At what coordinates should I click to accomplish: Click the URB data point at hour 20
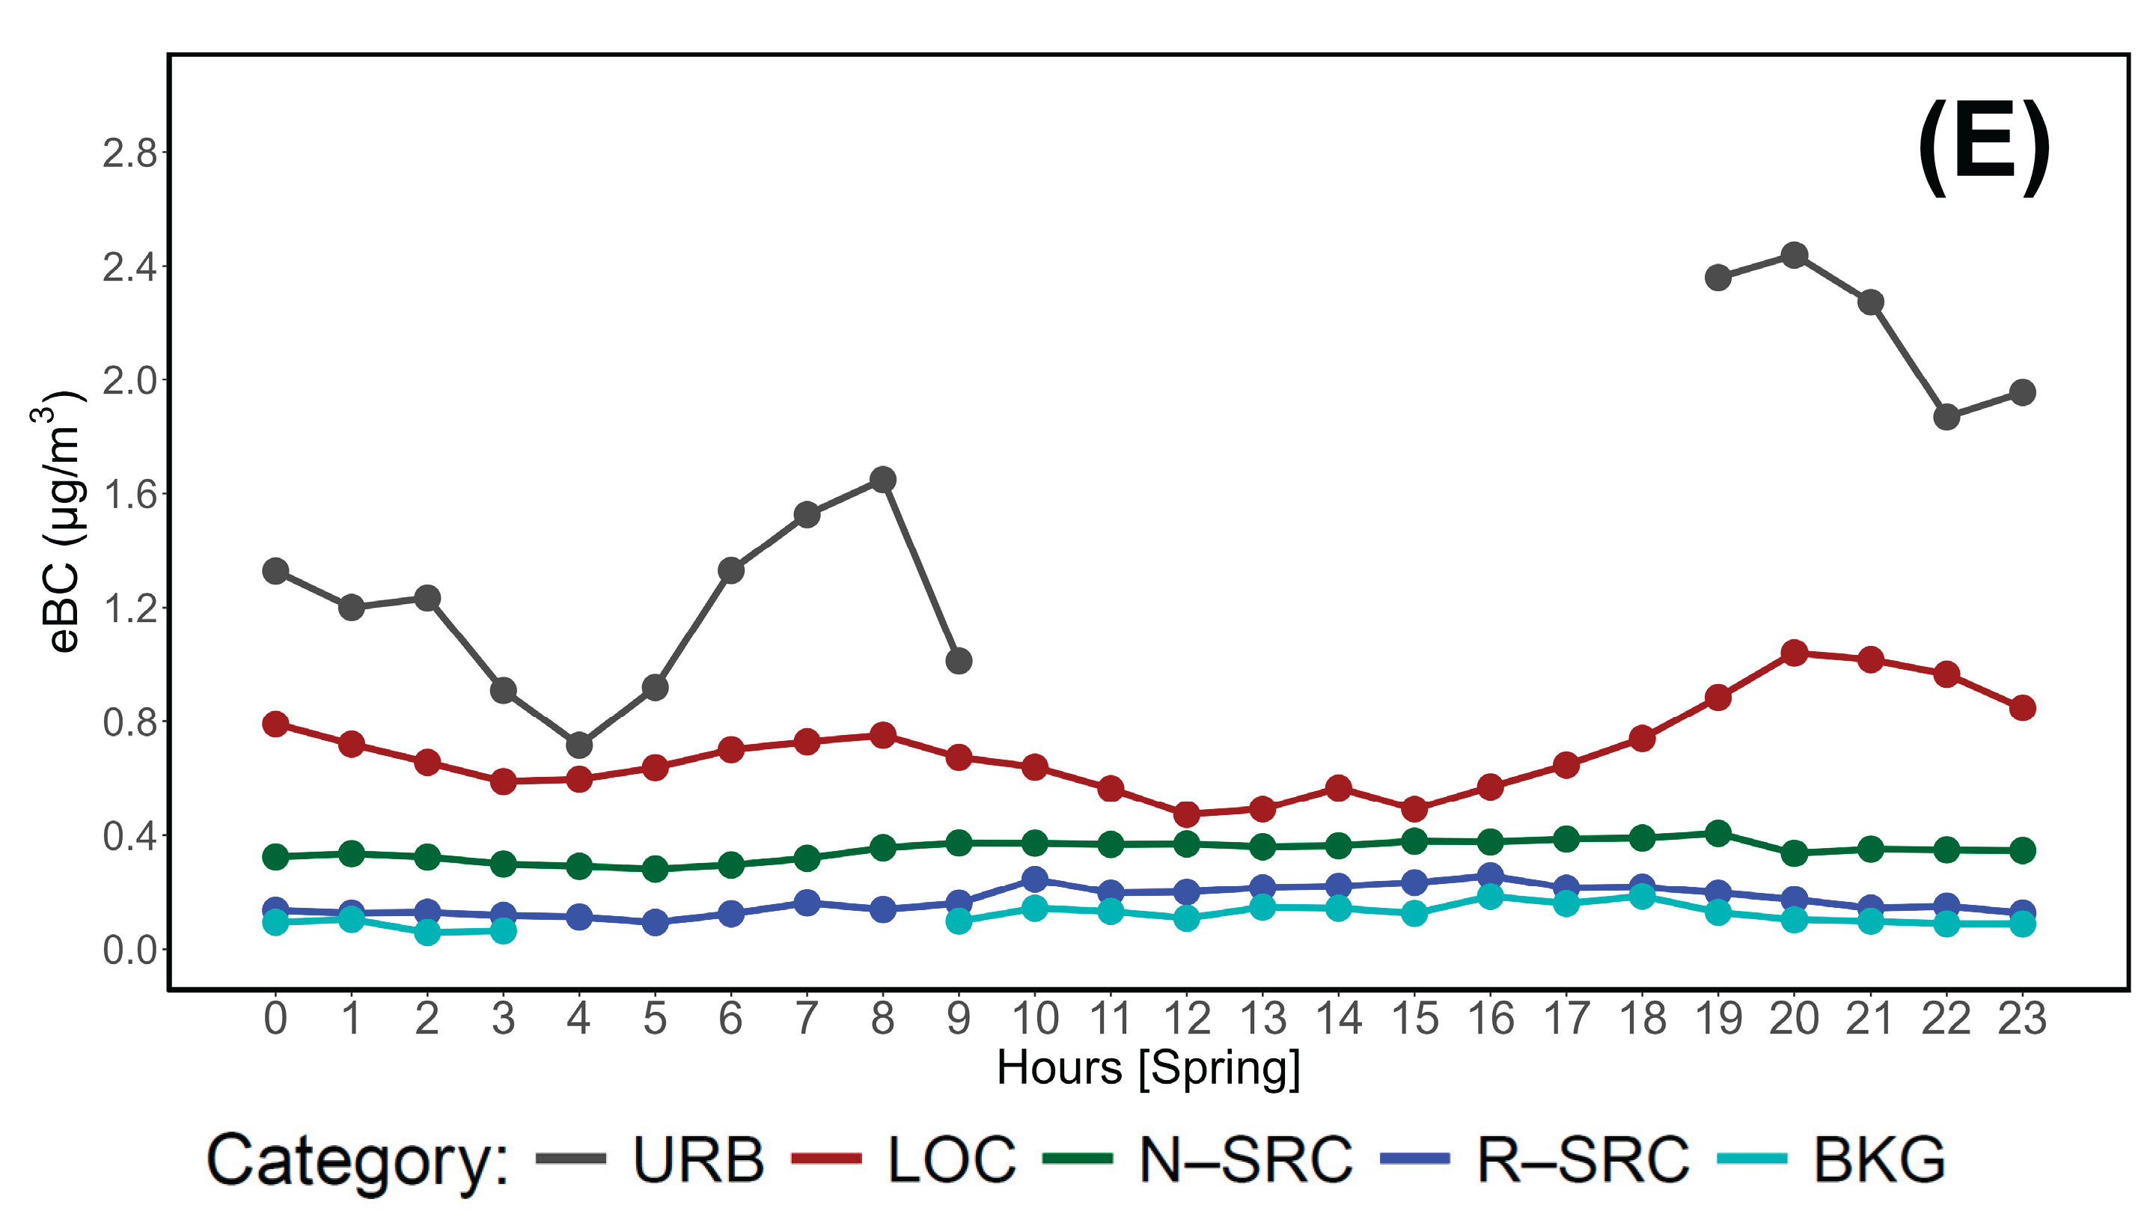1794,255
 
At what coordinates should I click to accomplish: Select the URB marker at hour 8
882,480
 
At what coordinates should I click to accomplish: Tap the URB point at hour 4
579,744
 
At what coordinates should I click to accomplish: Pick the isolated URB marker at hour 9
959,661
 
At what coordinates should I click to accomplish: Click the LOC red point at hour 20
1794,653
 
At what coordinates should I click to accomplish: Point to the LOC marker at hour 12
1186,814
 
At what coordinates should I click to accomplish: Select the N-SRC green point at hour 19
1717,834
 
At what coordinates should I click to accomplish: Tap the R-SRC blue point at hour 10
1034,879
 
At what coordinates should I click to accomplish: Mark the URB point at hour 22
1946,416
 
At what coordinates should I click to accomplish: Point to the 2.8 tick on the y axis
129,153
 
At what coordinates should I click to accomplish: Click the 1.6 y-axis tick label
129,495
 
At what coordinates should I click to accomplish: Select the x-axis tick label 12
1186,1019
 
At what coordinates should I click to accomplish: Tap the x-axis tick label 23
2021,1019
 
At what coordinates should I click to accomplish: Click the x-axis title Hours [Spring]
1147,1069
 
